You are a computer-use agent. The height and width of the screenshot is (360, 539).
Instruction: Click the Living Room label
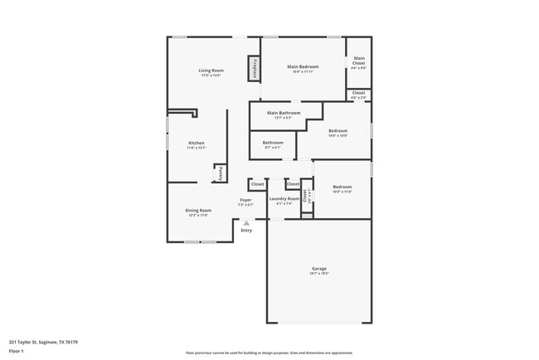coord(211,71)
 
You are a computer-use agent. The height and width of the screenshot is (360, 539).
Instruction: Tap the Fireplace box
coord(255,69)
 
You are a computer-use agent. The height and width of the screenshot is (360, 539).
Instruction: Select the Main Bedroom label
coord(303,66)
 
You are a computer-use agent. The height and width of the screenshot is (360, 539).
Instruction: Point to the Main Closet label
coord(358,61)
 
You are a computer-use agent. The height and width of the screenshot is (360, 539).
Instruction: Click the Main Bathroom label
coord(284,113)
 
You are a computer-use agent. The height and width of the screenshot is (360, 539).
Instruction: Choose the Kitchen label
coord(197,144)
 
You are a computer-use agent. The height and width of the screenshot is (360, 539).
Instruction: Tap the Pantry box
coord(220,173)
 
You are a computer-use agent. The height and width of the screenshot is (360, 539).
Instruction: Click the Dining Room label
coord(198,211)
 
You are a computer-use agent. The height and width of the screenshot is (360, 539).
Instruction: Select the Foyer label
coord(246,200)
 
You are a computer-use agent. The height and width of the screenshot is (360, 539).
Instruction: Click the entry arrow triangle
coord(246,222)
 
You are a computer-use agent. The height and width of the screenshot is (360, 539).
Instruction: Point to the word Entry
coord(246,230)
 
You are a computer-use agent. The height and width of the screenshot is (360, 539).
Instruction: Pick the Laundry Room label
coord(284,199)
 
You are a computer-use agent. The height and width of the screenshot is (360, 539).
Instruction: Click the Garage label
coord(319,269)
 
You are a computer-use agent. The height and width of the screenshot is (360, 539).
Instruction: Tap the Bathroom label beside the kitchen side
coord(273,143)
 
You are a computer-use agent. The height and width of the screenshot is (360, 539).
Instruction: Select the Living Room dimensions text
coord(211,75)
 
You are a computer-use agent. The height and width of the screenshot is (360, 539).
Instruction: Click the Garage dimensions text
coord(319,274)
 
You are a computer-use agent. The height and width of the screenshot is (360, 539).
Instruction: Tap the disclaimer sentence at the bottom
coord(269,352)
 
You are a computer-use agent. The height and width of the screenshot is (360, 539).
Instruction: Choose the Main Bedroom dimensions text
coord(303,71)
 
